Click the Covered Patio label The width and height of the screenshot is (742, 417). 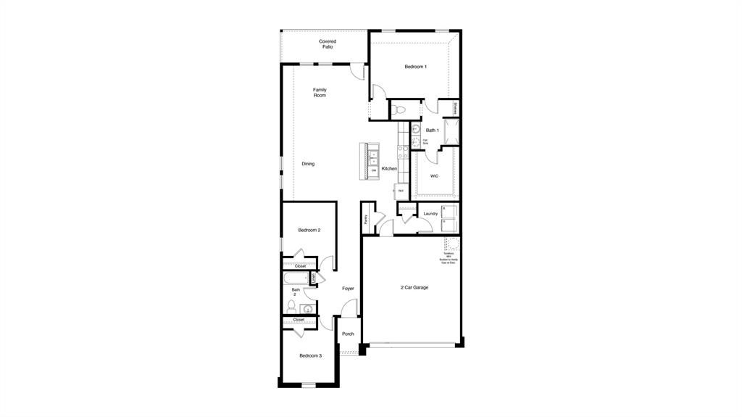click(x=328, y=44)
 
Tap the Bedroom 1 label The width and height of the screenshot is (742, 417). click(x=415, y=67)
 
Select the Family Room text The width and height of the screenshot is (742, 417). click(x=320, y=93)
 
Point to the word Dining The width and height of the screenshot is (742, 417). click(x=308, y=164)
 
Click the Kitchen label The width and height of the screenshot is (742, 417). click(x=389, y=169)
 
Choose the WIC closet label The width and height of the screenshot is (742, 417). click(x=434, y=176)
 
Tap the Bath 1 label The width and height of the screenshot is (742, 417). click(x=433, y=131)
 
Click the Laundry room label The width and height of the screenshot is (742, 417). click(x=430, y=213)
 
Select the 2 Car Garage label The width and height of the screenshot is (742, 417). click(x=414, y=287)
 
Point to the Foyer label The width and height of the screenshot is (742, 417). click(x=349, y=289)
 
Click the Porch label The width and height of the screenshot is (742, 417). click(x=348, y=334)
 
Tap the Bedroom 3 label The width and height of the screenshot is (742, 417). click(x=310, y=355)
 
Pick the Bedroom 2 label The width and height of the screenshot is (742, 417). click(x=309, y=230)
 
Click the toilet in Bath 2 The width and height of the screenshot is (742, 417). click(x=291, y=307)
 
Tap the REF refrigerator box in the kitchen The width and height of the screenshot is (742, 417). click(x=401, y=191)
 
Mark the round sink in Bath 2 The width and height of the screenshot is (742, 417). click(x=308, y=309)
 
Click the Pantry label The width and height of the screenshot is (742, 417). click(x=367, y=218)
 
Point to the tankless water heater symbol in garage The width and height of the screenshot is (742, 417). click(x=451, y=244)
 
